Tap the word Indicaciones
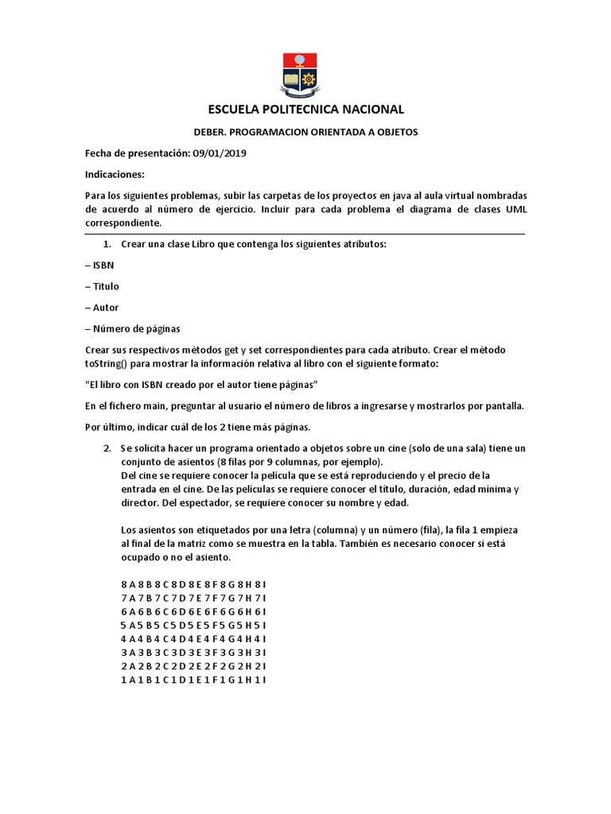click(x=115, y=174)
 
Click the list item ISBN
click(x=103, y=266)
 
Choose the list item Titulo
click(x=106, y=286)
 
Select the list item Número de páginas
click(x=136, y=328)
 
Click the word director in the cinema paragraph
click(x=141, y=502)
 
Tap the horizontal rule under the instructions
click(x=305, y=235)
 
